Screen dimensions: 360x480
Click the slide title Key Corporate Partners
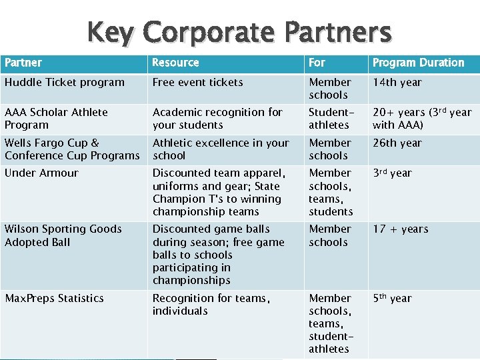coord(239,32)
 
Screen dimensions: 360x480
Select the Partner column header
coord(23,63)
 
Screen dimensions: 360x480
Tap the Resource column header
coord(175,63)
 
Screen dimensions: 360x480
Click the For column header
coord(317,63)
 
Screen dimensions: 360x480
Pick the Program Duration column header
coord(418,63)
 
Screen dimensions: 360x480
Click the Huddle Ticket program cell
coord(65,83)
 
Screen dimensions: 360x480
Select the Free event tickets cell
coord(197,83)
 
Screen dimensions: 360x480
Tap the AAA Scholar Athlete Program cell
coord(56,119)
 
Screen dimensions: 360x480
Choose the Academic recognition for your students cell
coord(217,119)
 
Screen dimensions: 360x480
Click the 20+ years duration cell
coord(421,119)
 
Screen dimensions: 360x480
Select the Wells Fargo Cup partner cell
coord(72,149)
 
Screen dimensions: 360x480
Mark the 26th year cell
coord(397,143)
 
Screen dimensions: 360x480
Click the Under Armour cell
coord(41,173)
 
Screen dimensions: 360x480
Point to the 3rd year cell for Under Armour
coord(392,173)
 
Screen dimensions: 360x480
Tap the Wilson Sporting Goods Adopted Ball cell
coord(63,235)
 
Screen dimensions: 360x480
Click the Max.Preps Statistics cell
coord(54,299)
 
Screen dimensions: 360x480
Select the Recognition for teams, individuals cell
coord(211,305)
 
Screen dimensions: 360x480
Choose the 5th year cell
coord(392,299)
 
